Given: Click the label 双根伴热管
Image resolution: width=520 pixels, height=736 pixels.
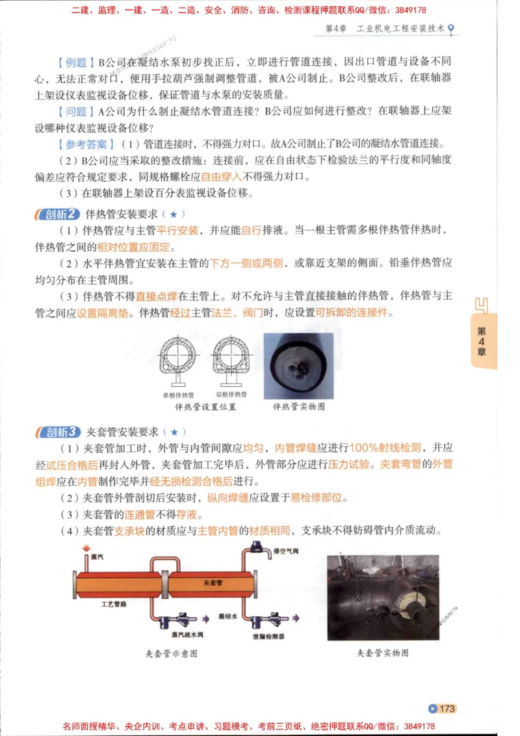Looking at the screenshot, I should [231, 394].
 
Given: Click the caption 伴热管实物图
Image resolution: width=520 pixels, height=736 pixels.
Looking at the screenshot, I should [299, 407].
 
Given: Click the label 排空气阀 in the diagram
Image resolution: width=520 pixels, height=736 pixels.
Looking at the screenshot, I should [286, 551].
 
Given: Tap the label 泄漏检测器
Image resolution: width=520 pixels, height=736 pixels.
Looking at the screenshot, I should [268, 635].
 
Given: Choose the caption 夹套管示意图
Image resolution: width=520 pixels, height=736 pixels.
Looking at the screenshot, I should [171, 653].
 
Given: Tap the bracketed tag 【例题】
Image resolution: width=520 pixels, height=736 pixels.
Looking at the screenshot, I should [73, 62].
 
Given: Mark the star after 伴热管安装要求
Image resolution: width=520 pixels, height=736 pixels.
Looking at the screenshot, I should [173, 214].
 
